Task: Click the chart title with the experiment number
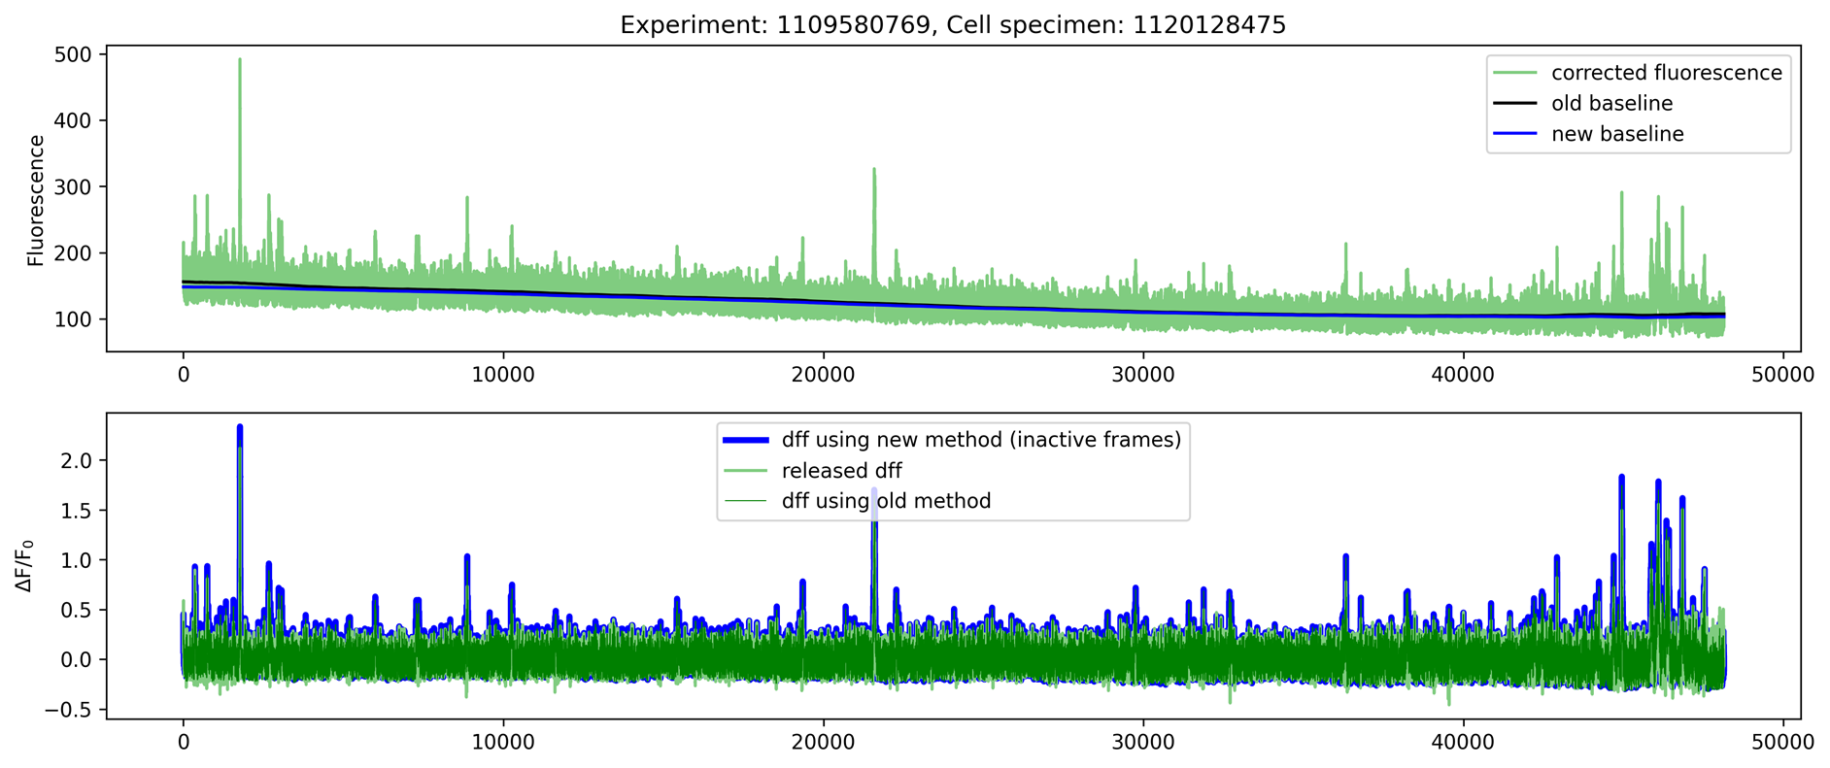pos(953,24)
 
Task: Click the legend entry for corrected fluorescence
pos(1666,73)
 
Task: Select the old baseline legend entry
pos(1611,103)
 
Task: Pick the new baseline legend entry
pos(1617,134)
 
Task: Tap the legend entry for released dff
pos(841,471)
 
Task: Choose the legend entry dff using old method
pos(886,501)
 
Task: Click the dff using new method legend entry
pos(981,440)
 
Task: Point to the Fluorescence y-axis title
pos(36,200)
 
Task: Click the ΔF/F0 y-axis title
pos(26,566)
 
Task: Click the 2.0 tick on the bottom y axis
pos(78,460)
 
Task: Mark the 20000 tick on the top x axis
pos(823,374)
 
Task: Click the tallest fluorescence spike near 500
pos(240,60)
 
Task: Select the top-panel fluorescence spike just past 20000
pos(874,170)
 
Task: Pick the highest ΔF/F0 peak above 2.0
pos(240,426)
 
